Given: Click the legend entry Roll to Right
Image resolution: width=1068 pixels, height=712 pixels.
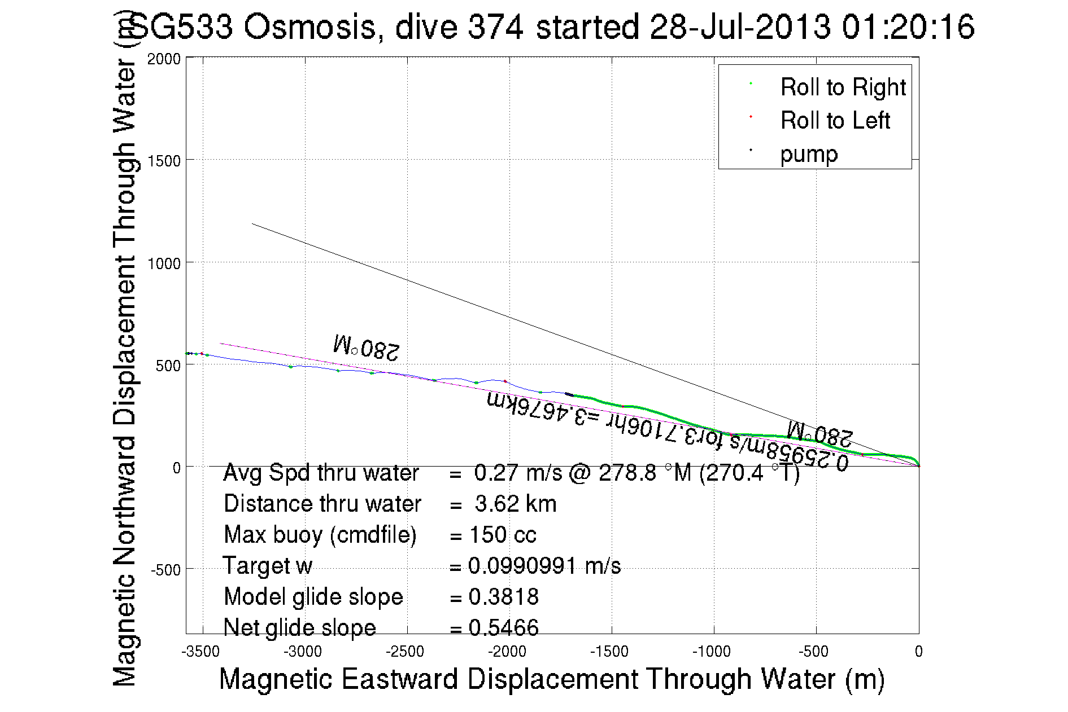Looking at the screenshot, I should (x=842, y=87).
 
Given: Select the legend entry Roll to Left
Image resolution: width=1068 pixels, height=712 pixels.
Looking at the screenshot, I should (x=835, y=121).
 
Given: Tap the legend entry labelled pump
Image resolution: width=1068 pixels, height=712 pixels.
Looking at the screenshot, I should (x=808, y=154).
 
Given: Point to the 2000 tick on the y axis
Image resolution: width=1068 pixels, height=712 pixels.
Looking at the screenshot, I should (x=164, y=59).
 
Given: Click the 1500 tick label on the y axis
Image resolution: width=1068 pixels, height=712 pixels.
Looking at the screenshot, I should (x=164, y=161).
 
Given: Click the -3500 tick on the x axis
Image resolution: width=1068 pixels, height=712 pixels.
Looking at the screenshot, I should (x=200, y=652).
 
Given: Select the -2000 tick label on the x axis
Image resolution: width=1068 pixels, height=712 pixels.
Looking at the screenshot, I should (x=507, y=652).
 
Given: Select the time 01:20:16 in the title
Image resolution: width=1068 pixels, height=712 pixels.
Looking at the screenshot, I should (x=908, y=27).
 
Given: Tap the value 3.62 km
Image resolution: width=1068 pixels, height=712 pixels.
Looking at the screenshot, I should (x=515, y=504).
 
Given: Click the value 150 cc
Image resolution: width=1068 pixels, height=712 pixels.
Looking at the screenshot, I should (x=503, y=535).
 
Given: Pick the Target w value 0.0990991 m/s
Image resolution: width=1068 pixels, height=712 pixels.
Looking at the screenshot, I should (x=544, y=566).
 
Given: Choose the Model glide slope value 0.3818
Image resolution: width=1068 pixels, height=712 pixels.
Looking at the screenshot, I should (x=504, y=597).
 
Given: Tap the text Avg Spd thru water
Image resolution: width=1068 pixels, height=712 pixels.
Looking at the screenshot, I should (x=321, y=473).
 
